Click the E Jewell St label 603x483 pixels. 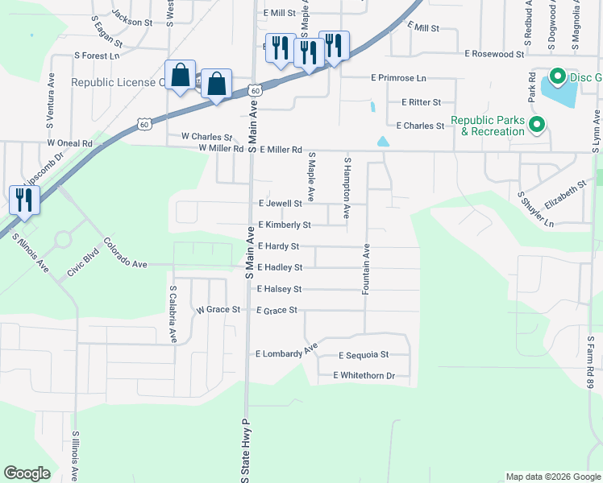pos(280,204)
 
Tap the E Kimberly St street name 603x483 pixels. pos(284,225)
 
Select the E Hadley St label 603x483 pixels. pos(280,267)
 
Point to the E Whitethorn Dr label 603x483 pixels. pos(364,376)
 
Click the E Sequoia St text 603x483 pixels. pos(364,355)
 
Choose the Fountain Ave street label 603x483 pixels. pos(366,270)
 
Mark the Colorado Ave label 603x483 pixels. pos(127,253)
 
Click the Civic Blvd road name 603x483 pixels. pos(83,266)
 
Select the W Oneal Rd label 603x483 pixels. pos(70,142)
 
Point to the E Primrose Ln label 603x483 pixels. pos(398,78)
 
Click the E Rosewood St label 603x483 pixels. pos(495,54)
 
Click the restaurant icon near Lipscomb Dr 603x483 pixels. pos(23,200)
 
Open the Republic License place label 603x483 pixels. pos(118,82)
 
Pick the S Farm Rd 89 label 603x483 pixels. pos(591,362)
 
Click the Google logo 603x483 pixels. pos(27,473)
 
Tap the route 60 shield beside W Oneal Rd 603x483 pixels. pos(144,124)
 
